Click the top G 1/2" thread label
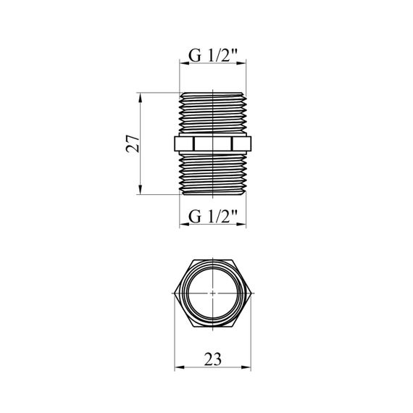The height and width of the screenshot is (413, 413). [x=213, y=56]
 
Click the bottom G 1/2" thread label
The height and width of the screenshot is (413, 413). [x=213, y=217]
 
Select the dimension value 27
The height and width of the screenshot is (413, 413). [x=132, y=143]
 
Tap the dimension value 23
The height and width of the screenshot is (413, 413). [x=213, y=359]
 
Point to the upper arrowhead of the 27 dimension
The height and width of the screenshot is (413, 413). [x=140, y=98]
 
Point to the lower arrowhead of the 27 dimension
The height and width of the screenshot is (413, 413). [x=140, y=190]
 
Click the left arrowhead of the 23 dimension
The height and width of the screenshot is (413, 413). [x=180, y=367]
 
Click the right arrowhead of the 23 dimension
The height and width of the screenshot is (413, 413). [x=246, y=367]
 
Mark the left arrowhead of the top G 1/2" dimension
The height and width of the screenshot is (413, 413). [x=184, y=63]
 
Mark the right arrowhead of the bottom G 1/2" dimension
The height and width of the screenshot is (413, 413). [x=241, y=225]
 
